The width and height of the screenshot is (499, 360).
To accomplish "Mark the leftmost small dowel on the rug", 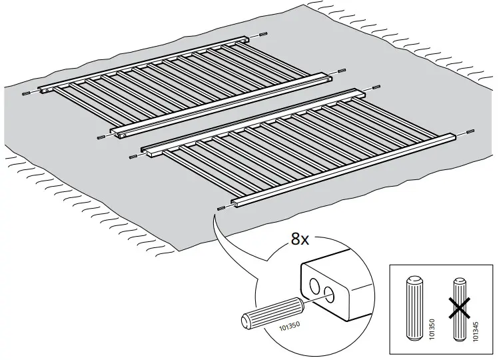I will pyautogui.click(x=25, y=93).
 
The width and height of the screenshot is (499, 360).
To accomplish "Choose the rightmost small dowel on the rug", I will pyautogui.click(x=470, y=131).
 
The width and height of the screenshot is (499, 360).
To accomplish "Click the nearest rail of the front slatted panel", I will pyautogui.click(x=344, y=168).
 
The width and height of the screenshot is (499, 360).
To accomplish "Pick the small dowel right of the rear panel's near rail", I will pyautogui.click(x=342, y=69).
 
